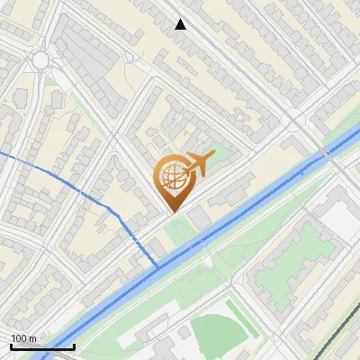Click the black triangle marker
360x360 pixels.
click(x=181, y=24)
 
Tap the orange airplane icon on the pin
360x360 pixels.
click(x=197, y=164)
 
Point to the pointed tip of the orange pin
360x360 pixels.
click(x=171, y=211)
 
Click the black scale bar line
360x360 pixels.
click(x=42, y=346)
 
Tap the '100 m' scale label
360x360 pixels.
click(x=24, y=338)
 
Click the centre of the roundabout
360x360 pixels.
click(x=40, y=60)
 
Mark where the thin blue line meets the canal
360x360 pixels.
click(x=158, y=267)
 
